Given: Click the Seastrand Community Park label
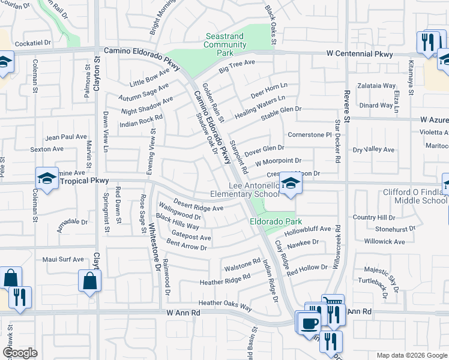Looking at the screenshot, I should click(x=224, y=44).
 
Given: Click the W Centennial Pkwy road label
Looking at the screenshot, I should click(x=360, y=54).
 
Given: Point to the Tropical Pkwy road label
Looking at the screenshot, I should click(x=83, y=181).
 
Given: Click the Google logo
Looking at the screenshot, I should click(x=20, y=353).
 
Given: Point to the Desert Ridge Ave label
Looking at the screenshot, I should click(x=199, y=205).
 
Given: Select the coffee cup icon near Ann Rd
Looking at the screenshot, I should click(x=310, y=323).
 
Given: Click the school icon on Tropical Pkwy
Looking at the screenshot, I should click(x=47, y=178).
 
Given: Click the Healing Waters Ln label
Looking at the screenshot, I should click(x=259, y=106).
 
